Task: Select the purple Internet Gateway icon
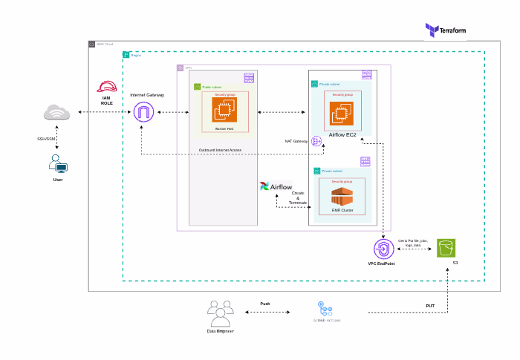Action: click(x=143, y=113)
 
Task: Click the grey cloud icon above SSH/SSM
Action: click(x=56, y=113)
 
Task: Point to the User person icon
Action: click(x=57, y=163)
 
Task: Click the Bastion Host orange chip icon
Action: click(x=224, y=111)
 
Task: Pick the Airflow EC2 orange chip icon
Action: click(x=342, y=113)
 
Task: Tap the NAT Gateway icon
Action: click(x=316, y=141)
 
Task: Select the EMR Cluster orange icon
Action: click(x=342, y=197)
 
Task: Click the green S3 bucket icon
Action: click(x=446, y=248)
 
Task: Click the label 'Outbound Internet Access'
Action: click(x=220, y=150)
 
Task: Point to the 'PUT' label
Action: click(x=429, y=305)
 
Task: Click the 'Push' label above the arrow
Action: click(x=265, y=304)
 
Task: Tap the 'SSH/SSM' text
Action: click(x=46, y=138)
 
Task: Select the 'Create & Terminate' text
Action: click(x=298, y=198)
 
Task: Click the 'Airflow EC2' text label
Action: click(x=343, y=135)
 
